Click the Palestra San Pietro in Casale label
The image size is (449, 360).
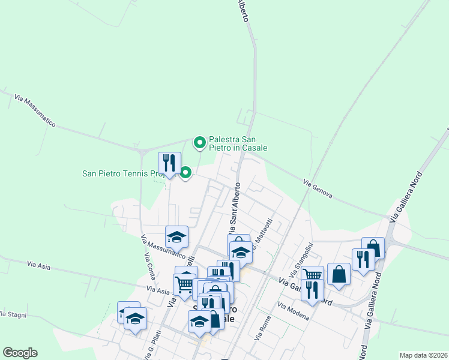tap(238, 143)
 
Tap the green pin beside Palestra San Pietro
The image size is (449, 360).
tap(199, 143)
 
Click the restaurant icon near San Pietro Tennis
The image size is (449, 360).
tap(169, 163)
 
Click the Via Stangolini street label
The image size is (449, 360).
tap(301, 259)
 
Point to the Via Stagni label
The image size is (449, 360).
tap(10, 314)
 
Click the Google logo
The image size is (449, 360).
tap(20, 353)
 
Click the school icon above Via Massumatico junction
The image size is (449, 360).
tap(177, 236)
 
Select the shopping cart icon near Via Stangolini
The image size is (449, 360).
tap(313, 275)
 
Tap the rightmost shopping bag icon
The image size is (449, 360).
tap(373, 247)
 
